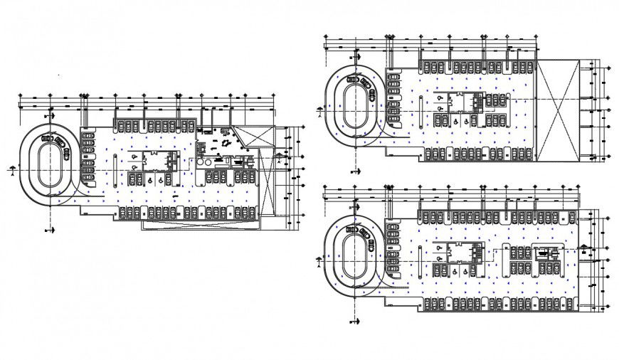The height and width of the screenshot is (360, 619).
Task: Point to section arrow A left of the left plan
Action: pos(12,170)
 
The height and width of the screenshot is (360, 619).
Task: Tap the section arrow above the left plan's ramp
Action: pos(50,114)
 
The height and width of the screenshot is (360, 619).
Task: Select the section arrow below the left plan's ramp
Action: pos(50,228)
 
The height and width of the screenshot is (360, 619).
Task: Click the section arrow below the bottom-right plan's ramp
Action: pos(354,322)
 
